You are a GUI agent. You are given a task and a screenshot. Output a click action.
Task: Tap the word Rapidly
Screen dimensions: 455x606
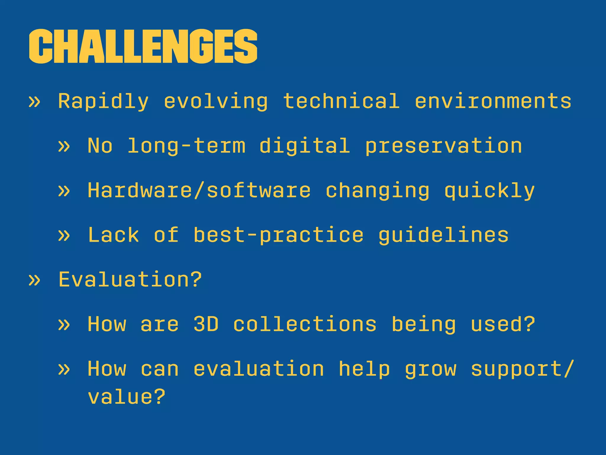103,101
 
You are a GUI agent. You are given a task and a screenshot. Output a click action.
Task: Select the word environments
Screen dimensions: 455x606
493,101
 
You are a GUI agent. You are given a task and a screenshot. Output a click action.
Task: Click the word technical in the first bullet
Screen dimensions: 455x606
341,101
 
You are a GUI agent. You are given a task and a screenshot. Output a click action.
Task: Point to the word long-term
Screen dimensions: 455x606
186,146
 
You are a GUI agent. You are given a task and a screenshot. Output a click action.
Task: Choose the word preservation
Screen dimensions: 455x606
444,146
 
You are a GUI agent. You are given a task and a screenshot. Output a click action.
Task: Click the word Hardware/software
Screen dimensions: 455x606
199,190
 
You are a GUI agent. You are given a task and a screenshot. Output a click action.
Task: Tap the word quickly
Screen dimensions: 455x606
489,190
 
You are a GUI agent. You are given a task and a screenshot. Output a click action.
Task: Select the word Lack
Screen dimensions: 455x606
113,235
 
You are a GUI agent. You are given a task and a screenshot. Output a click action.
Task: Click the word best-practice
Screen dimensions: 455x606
278,235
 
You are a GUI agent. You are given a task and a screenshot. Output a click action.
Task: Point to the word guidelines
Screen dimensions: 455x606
444,235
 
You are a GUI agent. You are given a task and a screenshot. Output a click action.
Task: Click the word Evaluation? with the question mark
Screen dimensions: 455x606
130,279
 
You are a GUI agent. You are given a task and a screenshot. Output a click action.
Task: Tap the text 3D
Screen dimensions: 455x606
206,324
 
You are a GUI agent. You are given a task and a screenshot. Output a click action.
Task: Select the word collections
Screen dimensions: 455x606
305,324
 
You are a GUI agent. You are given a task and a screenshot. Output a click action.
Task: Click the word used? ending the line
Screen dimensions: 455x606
503,324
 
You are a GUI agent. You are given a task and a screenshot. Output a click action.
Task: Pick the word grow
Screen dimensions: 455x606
431,369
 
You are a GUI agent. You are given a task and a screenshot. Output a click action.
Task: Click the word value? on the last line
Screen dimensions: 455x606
126,397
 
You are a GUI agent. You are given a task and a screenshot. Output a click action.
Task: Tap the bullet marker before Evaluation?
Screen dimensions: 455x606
34,280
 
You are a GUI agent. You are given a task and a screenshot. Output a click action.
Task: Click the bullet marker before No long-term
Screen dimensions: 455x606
64,146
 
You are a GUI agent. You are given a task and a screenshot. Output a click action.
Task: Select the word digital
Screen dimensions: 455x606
305,146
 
